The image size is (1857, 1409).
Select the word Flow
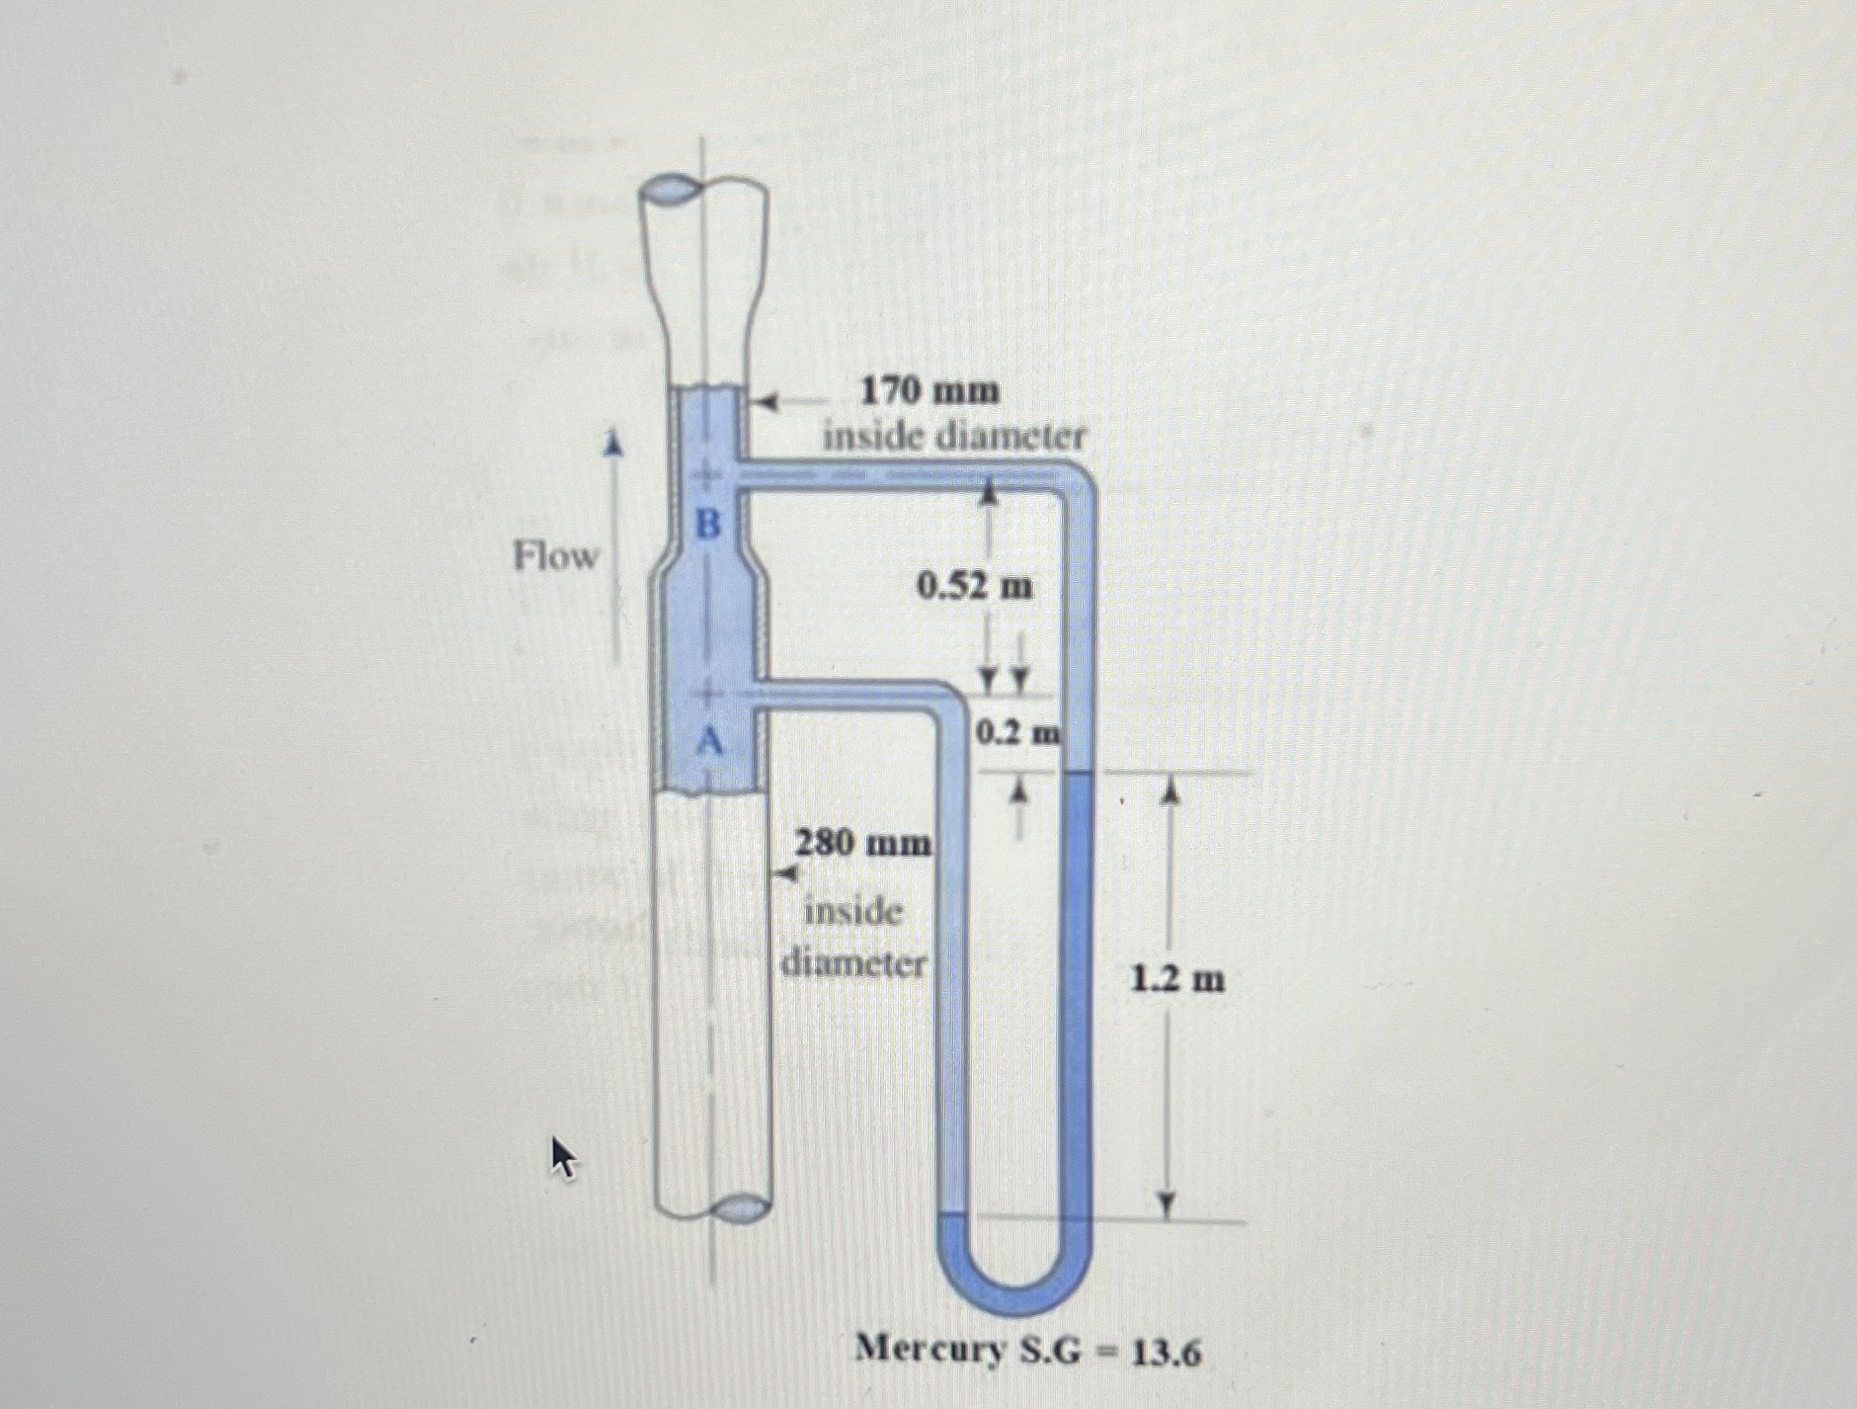[555, 557]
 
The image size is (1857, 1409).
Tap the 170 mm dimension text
[928, 392]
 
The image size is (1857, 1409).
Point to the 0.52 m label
[974, 587]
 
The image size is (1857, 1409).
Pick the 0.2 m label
[1018, 733]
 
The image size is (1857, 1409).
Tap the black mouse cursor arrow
[562, 1158]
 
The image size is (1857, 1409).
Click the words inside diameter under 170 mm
[954, 436]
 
